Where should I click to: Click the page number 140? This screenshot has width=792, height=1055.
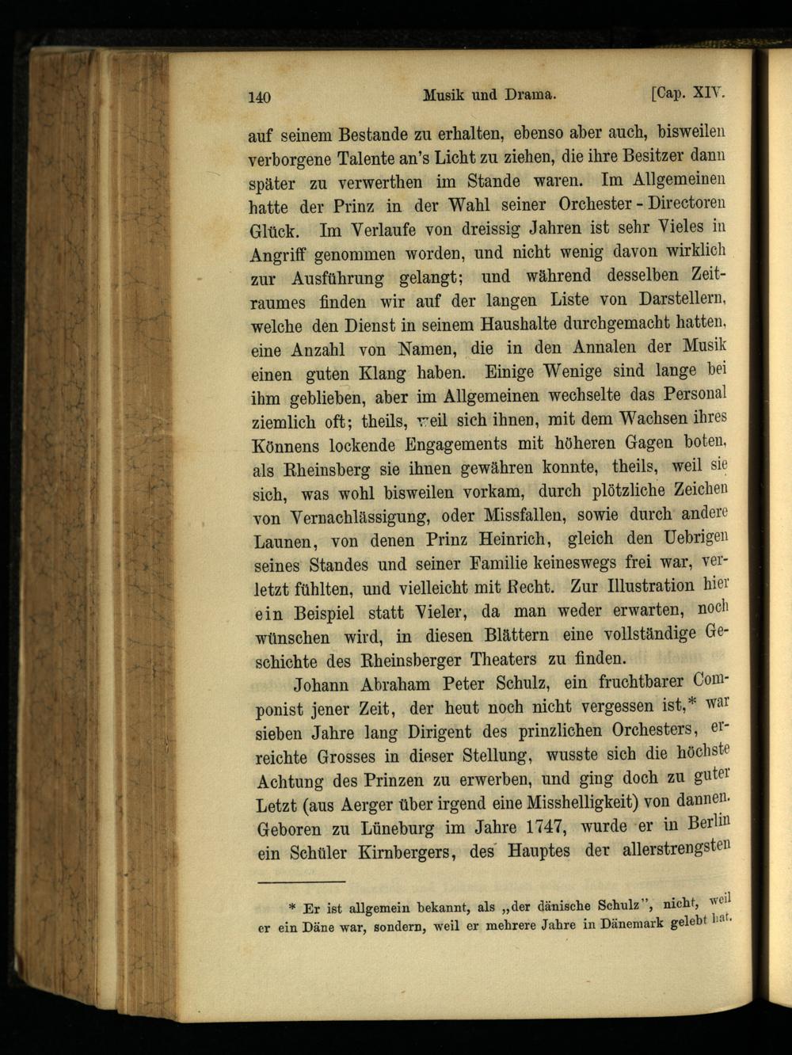click(260, 97)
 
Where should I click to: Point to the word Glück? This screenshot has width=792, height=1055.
click(273, 232)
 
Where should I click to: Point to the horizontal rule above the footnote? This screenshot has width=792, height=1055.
click(302, 882)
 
